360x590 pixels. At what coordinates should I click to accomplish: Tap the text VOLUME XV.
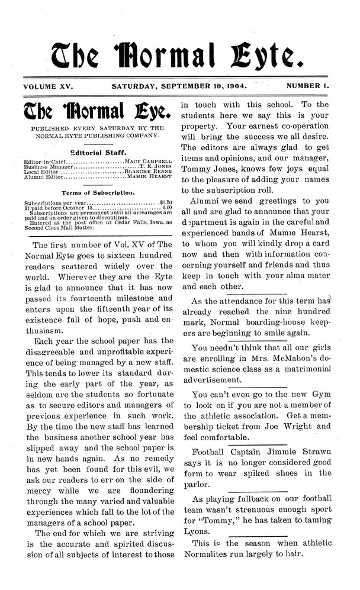tap(48, 86)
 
